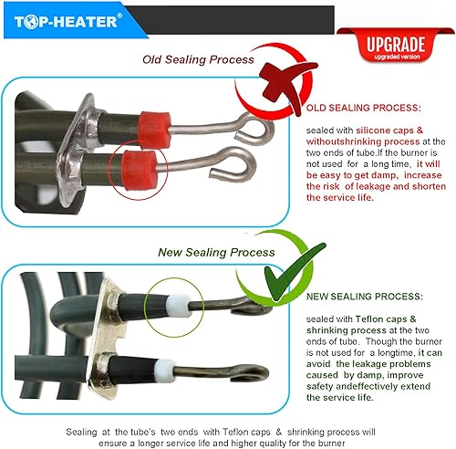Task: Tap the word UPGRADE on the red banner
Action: coord(395,43)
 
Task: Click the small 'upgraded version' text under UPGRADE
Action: coord(395,57)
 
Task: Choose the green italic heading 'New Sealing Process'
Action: coord(216,252)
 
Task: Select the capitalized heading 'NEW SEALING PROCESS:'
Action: coord(364,297)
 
